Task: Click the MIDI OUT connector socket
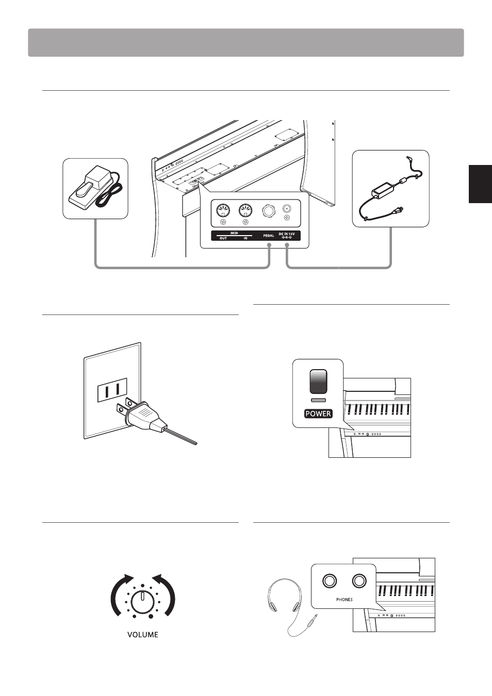pyautogui.click(x=222, y=210)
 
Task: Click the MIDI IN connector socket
pyautogui.click(x=245, y=210)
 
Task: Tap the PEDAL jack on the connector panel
pyautogui.click(x=268, y=210)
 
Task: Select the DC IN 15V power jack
pyautogui.click(x=287, y=209)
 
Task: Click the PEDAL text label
pyautogui.click(x=269, y=236)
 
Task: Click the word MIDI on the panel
pyautogui.click(x=234, y=233)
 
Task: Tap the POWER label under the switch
pyautogui.click(x=318, y=413)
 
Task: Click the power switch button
pyautogui.click(x=318, y=382)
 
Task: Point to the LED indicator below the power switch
pyautogui.click(x=318, y=400)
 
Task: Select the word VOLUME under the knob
pyautogui.click(x=143, y=635)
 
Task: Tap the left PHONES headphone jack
pyautogui.click(x=330, y=581)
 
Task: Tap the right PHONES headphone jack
pyautogui.click(x=359, y=581)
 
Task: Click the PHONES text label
pyautogui.click(x=345, y=600)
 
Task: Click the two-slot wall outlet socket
pyautogui.click(x=112, y=390)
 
